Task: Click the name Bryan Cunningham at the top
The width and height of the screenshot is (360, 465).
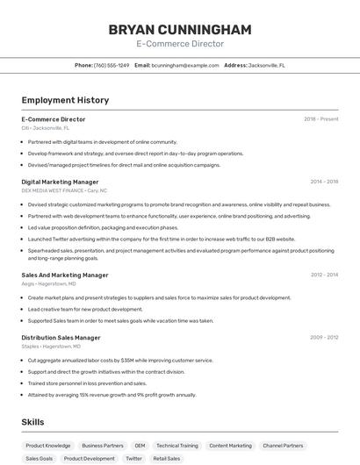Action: (x=180, y=29)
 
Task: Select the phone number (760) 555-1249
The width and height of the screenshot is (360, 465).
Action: (x=112, y=66)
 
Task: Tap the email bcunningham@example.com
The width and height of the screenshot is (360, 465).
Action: (x=185, y=66)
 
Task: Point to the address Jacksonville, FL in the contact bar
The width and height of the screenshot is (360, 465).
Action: (x=267, y=66)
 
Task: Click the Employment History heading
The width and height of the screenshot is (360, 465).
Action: (x=65, y=100)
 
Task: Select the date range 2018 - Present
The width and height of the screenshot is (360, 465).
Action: (x=320, y=119)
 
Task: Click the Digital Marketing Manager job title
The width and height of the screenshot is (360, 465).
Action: (x=60, y=182)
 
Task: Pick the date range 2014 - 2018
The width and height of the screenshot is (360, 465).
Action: (x=324, y=182)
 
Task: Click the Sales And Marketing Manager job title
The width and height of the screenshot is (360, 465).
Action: (x=65, y=275)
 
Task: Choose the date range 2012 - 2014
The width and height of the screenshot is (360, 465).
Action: (x=324, y=275)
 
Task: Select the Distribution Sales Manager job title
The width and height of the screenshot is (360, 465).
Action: (x=61, y=337)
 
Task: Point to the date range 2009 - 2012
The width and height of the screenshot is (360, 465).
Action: (x=324, y=337)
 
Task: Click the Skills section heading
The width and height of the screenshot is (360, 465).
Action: (x=32, y=422)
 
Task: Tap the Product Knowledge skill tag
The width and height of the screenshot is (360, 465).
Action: (x=48, y=446)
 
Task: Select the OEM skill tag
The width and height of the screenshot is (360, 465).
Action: (x=140, y=446)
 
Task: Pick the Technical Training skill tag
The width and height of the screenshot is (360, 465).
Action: (x=177, y=446)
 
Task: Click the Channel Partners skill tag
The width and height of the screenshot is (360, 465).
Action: (x=283, y=446)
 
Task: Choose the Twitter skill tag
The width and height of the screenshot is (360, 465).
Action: (x=133, y=459)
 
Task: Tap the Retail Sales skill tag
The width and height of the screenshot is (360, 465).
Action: (x=166, y=459)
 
